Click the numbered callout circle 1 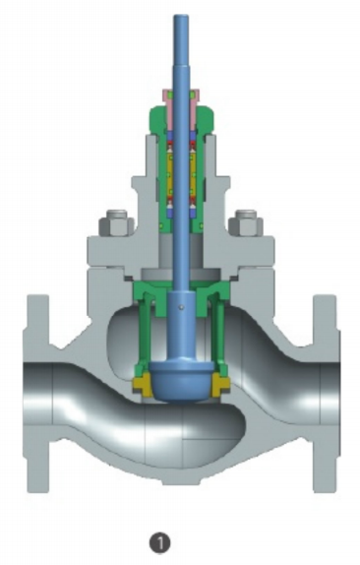tap(160, 542)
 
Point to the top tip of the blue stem tap(181, 15)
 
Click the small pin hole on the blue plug tap(182, 307)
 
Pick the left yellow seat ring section tap(142, 384)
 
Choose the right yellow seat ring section tap(221, 384)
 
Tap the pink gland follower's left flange tap(166, 94)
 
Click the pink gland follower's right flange tap(194, 94)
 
